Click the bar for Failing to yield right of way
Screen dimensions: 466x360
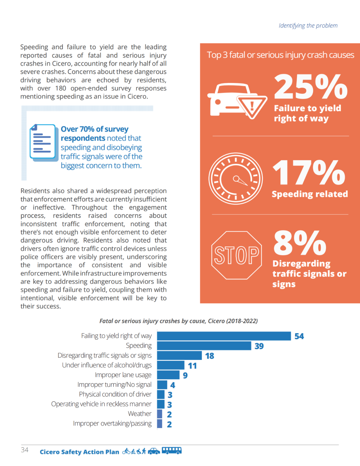pos(224,336)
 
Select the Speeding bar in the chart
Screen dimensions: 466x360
pos(204,346)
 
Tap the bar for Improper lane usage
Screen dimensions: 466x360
pos(168,375)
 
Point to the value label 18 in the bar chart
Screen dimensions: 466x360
pos(210,356)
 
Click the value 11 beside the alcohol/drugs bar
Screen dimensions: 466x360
pos(192,366)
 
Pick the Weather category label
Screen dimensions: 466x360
pos(140,414)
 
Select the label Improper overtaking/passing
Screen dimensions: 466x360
pos(112,423)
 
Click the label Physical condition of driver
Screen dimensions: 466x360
pos(115,394)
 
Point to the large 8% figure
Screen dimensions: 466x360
pos(300,243)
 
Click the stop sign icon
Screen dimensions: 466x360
pos(237,255)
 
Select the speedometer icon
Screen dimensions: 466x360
pos(236,179)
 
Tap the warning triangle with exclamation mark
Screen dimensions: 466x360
pos(252,106)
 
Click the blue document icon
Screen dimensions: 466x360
pos(43,142)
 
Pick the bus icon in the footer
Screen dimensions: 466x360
pos(172,451)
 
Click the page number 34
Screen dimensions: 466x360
pos(25,450)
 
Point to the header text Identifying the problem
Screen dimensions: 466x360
pos(308,26)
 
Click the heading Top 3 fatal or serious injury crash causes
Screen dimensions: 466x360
pos(280,55)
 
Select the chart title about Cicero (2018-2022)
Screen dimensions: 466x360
pos(178,321)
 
